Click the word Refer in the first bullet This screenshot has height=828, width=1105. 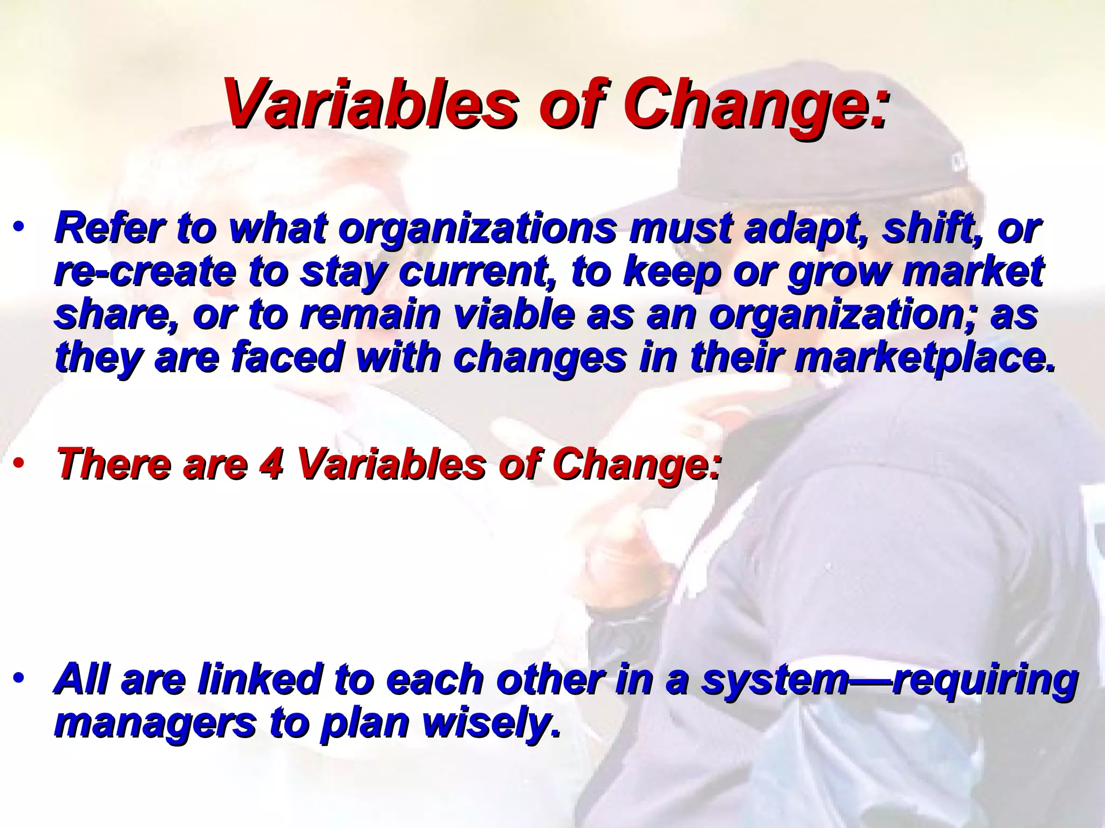tap(108, 229)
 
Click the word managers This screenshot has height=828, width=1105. tap(154, 723)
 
